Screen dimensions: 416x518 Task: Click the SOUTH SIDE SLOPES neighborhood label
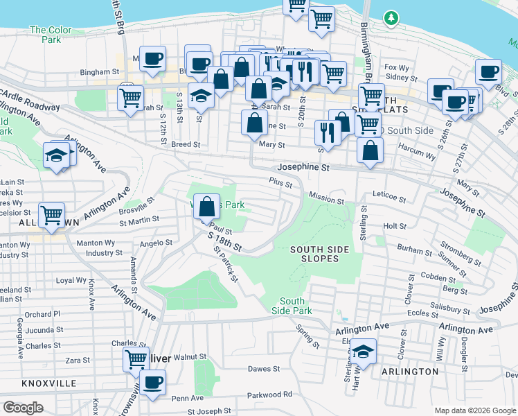(314, 254)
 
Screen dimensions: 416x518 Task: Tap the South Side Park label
(293, 305)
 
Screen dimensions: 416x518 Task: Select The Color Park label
(51, 35)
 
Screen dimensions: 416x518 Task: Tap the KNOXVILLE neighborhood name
(48, 383)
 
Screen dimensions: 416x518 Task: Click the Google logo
(24, 408)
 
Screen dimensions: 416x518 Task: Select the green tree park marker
(391, 17)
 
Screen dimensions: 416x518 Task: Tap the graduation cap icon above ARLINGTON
(363, 352)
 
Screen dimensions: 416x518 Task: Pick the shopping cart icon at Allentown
(51, 216)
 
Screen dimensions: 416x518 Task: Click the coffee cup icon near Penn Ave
(152, 381)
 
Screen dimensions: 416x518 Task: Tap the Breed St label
(186, 145)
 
